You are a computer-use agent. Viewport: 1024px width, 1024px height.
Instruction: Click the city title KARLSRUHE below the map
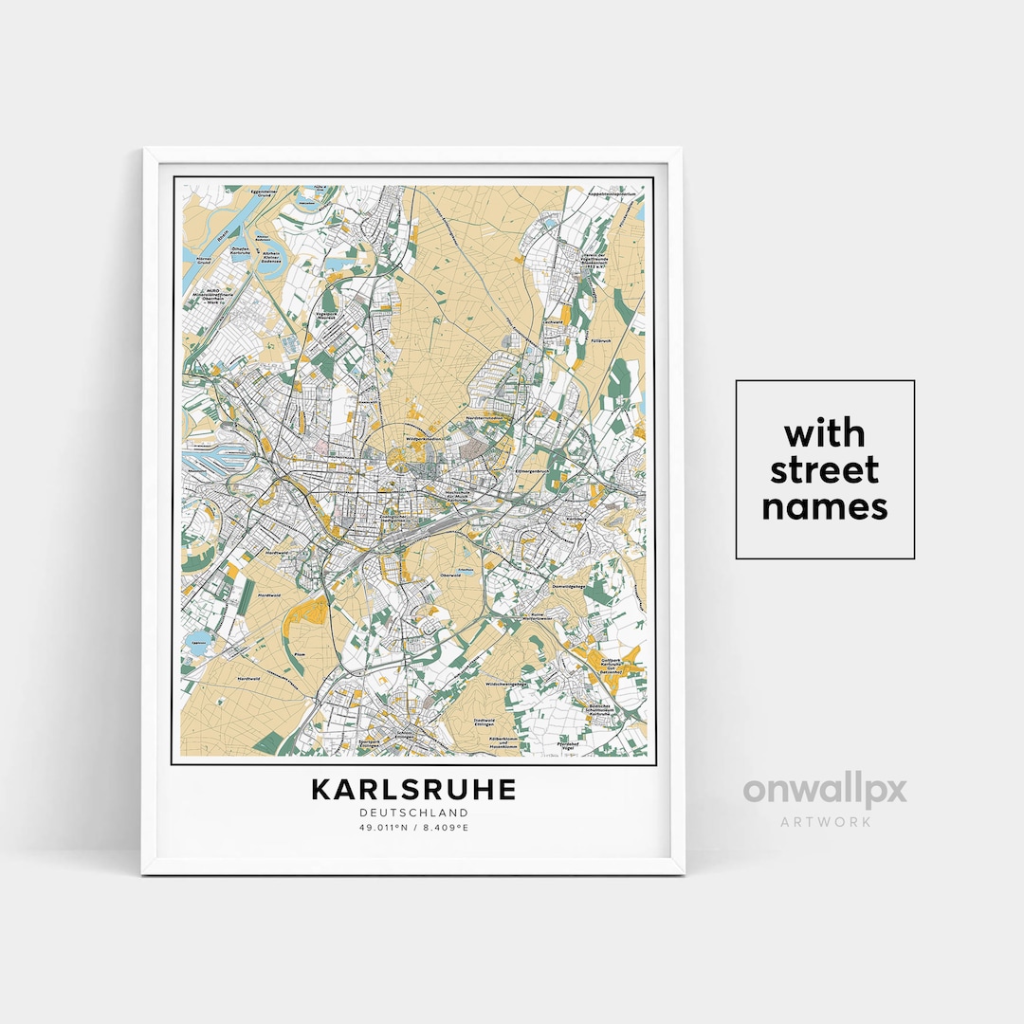coord(412,790)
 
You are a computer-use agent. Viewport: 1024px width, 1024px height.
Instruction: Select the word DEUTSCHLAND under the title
coord(413,813)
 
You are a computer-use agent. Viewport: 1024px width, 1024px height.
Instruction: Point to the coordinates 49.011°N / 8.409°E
coord(413,828)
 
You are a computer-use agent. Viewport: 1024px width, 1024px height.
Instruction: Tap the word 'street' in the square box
coord(824,470)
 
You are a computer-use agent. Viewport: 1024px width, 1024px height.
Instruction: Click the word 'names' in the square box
coord(824,506)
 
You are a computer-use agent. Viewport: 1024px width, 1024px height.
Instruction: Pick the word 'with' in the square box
coord(824,434)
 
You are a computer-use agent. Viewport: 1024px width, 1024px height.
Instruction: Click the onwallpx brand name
coord(824,790)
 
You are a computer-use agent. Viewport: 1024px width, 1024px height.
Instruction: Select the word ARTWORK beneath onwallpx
coord(825,821)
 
